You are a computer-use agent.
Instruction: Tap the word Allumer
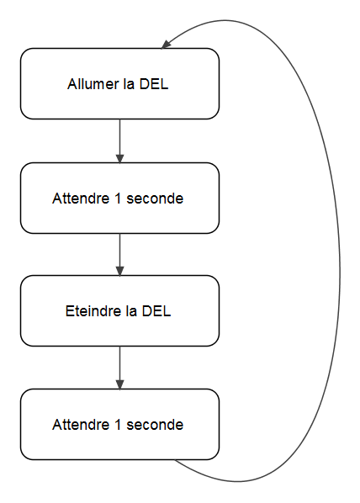pyautogui.click(x=89, y=85)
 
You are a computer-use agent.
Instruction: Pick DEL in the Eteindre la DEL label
pyautogui.click(x=156, y=311)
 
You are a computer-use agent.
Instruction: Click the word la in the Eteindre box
pyautogui.click(x=130, y=311)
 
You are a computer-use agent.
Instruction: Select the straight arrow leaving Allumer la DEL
pyautogui.click(x=119, y=139)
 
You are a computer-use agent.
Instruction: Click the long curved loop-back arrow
pyautogui.click(x=339, y=269)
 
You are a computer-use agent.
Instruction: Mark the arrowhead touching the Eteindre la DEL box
pyautogui.click(x=119, y=271)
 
